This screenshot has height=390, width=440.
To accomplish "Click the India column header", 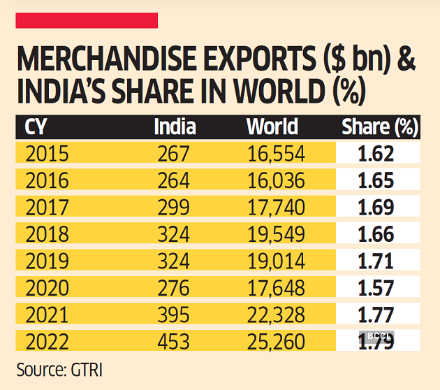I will (x=175, y=127).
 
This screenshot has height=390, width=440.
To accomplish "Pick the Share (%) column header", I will (x=379, y=127).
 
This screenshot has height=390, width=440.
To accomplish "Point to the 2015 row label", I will (x=47, y=154).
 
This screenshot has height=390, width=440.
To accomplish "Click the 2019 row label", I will (x=47, y=261).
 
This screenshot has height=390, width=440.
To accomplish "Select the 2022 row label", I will (x=47, y=342).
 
